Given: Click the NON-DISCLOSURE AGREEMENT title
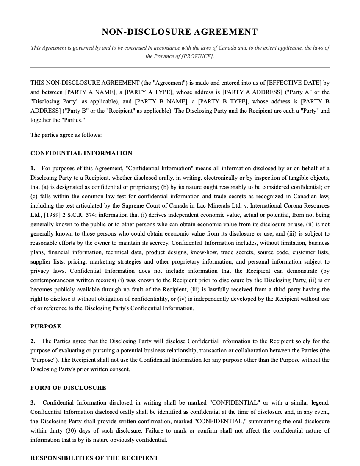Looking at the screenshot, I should [x=180, y=32].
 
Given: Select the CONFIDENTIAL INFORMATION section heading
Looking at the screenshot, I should [x=81, y=153].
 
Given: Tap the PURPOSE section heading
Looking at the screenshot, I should [x=46, y=326].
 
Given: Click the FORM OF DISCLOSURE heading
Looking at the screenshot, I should [x=68, y=388].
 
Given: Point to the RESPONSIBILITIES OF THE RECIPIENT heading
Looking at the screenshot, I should [x=94, y=458].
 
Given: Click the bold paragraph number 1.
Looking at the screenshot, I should [x=33, y=169].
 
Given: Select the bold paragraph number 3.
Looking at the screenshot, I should [x=33, y=402].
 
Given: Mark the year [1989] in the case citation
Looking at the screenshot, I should [x=50, y=215].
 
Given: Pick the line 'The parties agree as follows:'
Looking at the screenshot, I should [x=66, y=135].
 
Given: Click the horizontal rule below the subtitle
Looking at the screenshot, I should [x=180, y=67].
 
